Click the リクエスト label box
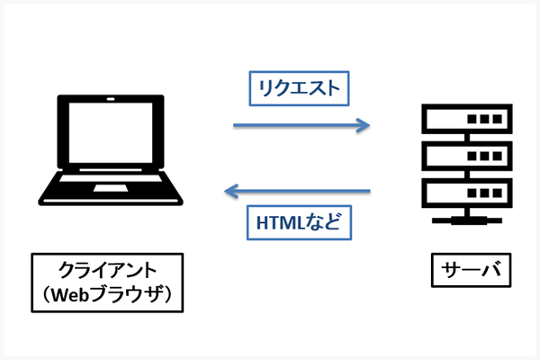[298, 89]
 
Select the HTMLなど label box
[298, 222]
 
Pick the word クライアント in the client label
[107, 269]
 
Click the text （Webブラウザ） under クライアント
[107, 292]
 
